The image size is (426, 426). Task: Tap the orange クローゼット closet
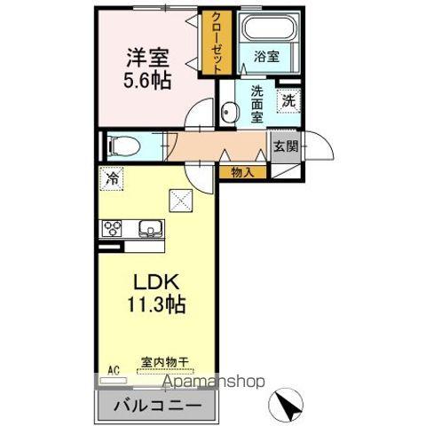pos(215,43)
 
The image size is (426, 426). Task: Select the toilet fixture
pos(119,145)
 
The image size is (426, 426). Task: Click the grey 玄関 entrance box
pos(285,146)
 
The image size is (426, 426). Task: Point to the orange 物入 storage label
pos(241,172)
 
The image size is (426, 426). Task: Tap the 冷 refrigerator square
pos(113,177)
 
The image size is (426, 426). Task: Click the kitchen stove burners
pos(115,228)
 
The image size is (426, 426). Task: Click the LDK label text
pos(157,282)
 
